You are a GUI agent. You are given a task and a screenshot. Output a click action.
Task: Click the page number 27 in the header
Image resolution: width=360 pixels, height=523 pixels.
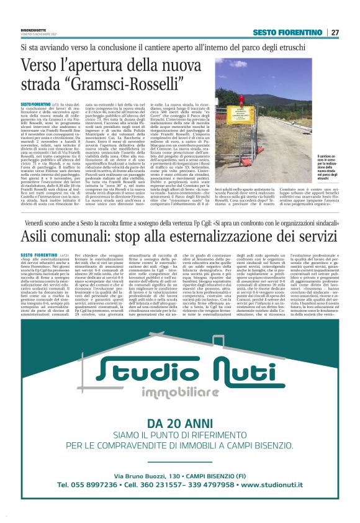(x=335, y=32)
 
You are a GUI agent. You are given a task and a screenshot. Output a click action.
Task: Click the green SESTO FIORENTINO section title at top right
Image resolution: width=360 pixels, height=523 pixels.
(x=287, y=32)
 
